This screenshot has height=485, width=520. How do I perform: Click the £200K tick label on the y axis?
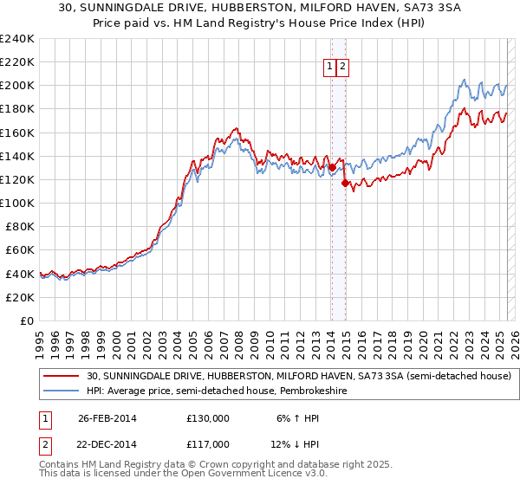[x=17, y=86]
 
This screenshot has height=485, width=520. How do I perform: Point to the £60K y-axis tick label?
[x=20, y=249]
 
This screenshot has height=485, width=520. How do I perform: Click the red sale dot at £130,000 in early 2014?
[x=332, y=168]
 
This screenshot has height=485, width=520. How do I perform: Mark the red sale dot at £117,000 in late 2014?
[x=345, y=183]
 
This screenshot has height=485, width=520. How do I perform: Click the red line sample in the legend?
[x=61, y=377]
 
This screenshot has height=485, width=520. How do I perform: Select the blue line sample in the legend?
[x=61, y=391]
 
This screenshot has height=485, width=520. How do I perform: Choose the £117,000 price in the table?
[x=207, y=446]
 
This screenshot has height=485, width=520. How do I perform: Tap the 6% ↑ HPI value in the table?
[x=296, y=418]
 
